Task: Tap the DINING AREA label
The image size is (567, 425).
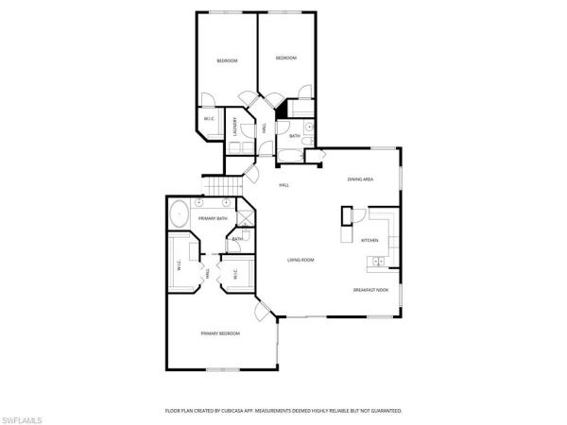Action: pos(360,178)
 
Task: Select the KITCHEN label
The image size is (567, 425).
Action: pos(369,240)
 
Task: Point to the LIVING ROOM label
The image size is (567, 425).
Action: pos(301,260)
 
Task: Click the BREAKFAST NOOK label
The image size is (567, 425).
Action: pos(370,290)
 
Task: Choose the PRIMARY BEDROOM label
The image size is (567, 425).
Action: pos(219,333)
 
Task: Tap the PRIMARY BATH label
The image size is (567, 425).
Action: pos(213,218)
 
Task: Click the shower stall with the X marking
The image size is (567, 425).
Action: pos(244,219)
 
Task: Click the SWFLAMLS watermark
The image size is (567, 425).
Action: pos(24,416)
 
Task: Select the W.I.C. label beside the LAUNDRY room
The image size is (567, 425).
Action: pos(210,119)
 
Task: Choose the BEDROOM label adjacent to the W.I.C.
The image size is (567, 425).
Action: pos(227,61)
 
